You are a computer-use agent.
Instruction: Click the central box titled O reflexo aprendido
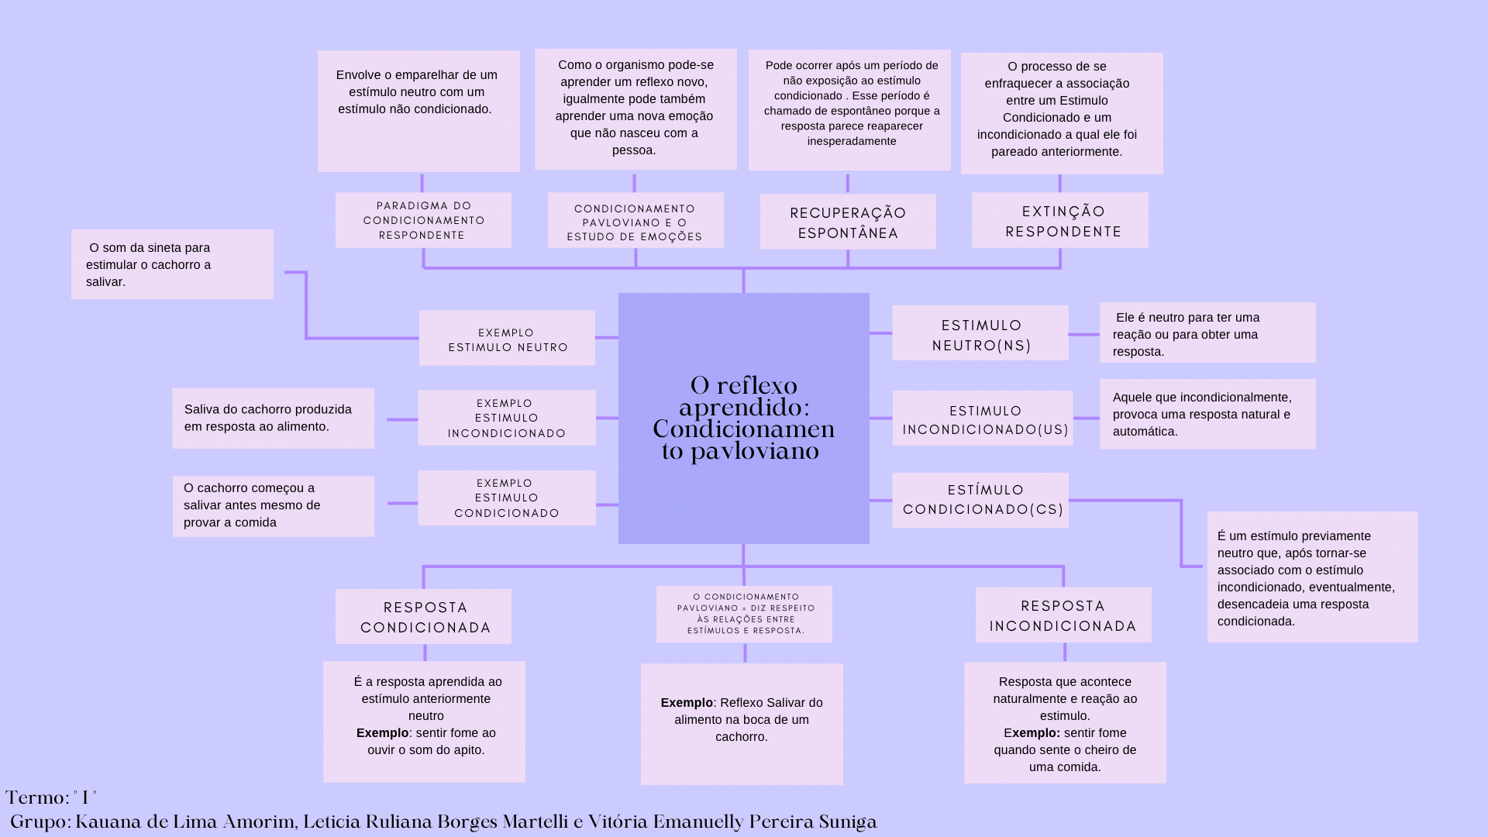pos(743,418)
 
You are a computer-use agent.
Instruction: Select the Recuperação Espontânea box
pos(848,222)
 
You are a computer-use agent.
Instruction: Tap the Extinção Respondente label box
pos(1060,220)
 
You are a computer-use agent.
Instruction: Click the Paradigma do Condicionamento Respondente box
pos(423,220)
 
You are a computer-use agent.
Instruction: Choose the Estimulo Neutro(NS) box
pos(980,333)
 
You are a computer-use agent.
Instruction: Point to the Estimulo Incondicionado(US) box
pos(983,418)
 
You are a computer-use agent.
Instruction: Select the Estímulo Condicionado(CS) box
pos(980,501)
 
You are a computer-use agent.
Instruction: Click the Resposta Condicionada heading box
pos(423,617)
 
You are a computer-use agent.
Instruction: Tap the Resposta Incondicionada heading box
pos(1063,615)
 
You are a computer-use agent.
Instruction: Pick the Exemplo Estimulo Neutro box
pos(507,339)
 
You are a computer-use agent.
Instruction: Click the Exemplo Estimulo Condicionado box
pos(507,498)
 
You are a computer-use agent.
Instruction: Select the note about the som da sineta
pos(172,264)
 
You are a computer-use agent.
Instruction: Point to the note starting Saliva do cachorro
pos(273,418)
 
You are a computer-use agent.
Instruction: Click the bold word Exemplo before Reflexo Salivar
pos(687,703)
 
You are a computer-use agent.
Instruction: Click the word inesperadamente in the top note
pos(852,141)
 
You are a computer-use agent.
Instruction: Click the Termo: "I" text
pos(51,798)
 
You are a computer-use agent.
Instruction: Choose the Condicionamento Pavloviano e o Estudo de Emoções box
pos(635,221)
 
